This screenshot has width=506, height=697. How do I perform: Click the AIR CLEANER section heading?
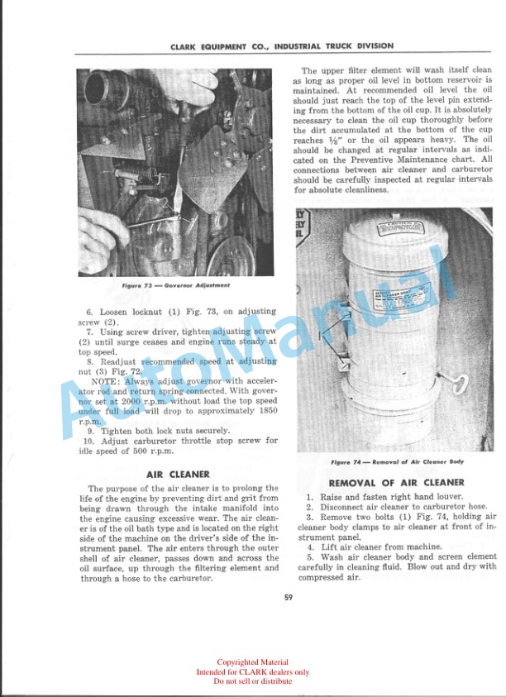click(x=178, y=475)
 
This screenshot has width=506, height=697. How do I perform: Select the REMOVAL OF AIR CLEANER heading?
click(x=396, y=483)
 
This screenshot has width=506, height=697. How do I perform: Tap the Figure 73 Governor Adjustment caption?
click(x=175, y=285)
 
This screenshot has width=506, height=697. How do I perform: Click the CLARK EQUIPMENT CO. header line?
click(x=282, y=46)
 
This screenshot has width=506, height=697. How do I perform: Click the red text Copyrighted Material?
click(x=253, y=662)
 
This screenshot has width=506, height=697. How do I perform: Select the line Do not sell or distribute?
click(x=253, y=681)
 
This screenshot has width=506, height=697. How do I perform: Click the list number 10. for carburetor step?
click(x=90, y=441)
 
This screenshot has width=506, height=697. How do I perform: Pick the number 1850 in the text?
click(x=266, y=410)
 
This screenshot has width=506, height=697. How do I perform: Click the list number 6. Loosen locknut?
click(x=91, y=312)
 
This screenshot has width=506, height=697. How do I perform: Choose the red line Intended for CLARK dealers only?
click(x=253, y=672)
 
